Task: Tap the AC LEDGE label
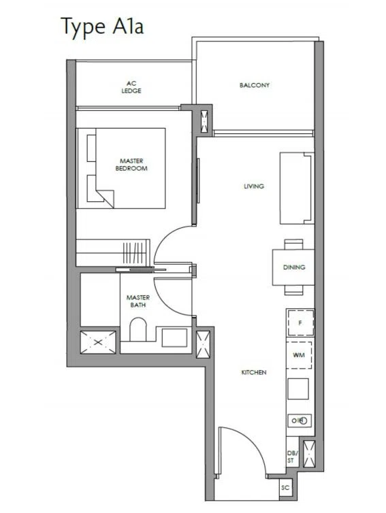point(131,87)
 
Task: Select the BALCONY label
point(255,85)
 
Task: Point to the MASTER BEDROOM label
point(131,165)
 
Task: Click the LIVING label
point(254,186)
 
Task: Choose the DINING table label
point(294,267)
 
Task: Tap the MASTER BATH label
point(138,301)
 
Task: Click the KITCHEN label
point(254,372)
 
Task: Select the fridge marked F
point(300,323)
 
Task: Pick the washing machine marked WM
point(299,355)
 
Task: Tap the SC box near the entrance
point(285,487)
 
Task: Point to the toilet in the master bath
point(138,329)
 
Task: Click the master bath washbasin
point(174,337)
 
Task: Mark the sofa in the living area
point(297,188)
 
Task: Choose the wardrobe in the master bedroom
point(113,252)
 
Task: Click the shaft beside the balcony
point(204,121)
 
